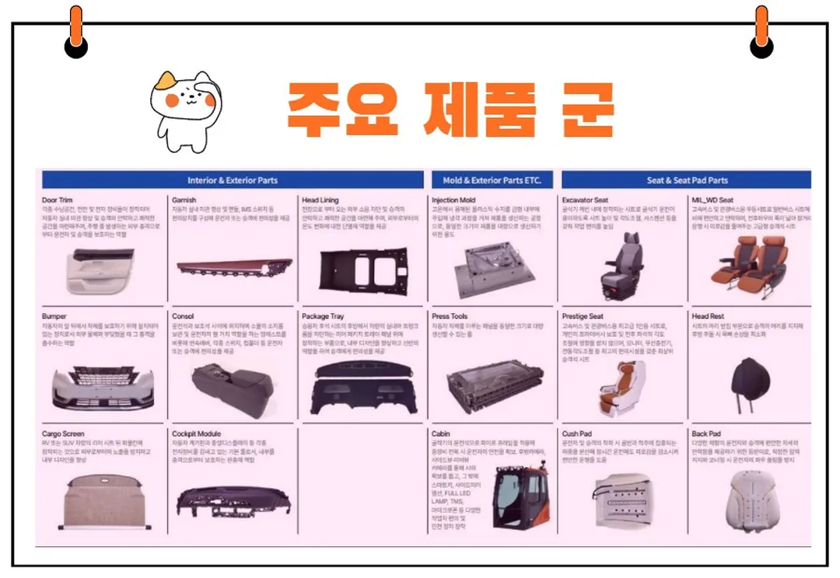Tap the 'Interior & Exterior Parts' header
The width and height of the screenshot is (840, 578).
pyautogui.click(x=232, y=180)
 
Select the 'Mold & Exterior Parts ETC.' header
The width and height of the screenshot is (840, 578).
pyautogui.click(x=492, y=180)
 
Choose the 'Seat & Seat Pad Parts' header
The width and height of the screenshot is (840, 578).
pyautogui.click(x=687, y=180)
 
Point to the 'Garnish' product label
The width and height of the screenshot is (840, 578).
pyautogui.click(x=184, y=200)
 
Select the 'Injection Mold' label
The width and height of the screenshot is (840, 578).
pyautogui.click(x=453, y=200)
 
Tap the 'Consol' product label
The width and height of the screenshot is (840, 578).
pyautogui.click(x=183, y=317)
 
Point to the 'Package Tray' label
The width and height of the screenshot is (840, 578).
pyautogui.click(x=323, y=317)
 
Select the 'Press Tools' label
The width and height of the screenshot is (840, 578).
pyautogui.click(x=450, y=317)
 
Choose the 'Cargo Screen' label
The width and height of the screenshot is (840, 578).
pyautogui.click(x=63, y=433)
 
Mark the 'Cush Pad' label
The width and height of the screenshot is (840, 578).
pyautogui.click(x=577, y=433)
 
